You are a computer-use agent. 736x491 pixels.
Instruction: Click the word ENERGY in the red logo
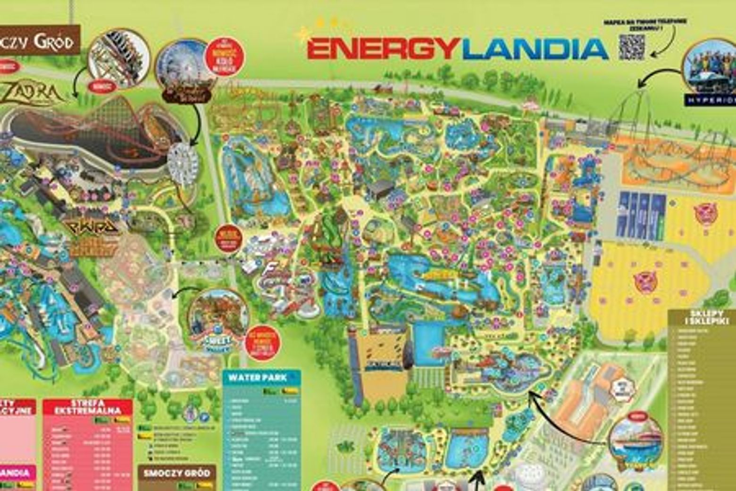(383, 49)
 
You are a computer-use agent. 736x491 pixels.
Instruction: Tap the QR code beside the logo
(631, 47)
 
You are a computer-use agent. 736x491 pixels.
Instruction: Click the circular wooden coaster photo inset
(119, 59)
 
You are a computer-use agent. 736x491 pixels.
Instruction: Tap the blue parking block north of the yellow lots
(642, 215)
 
